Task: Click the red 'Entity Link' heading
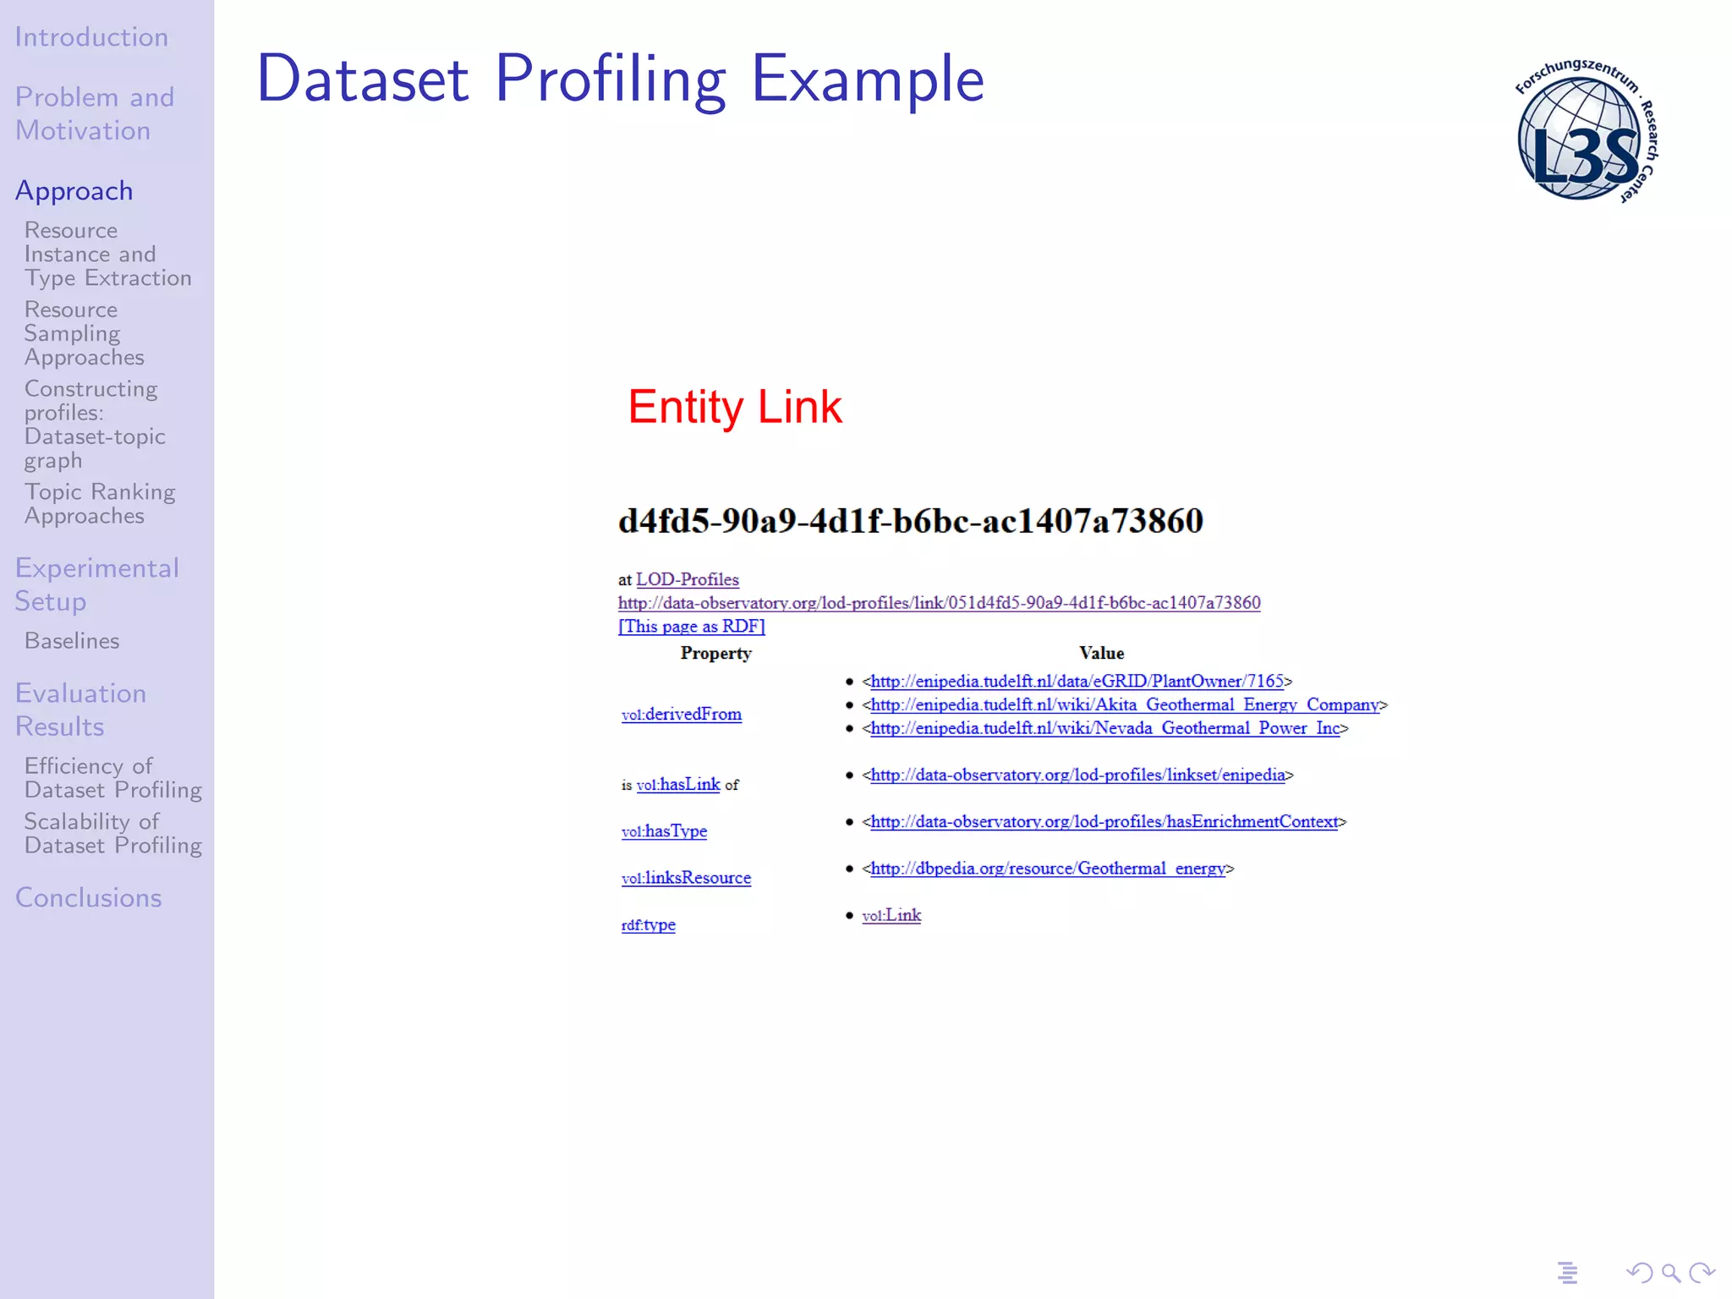(734, 407)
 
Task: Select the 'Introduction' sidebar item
(91, 37)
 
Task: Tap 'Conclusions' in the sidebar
(89, 897)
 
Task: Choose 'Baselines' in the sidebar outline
(72, 641)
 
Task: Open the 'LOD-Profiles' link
(687, 579)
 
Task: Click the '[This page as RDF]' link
(691, 626)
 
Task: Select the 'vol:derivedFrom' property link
(681, 714)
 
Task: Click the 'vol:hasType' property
(664, 831)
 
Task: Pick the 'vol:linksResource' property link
(686, 878)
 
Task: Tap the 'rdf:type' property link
(648, 924)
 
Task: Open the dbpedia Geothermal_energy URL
(1048, 869)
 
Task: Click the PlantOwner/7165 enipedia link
(1077, 681)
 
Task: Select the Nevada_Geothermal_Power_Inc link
(1104, 728)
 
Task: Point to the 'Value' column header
(1101, 653)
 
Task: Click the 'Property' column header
(715, 653)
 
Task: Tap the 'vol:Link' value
(891, 915)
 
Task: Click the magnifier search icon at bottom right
(1670, 1272)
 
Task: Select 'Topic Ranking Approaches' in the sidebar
(100, 504)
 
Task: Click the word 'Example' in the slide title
(868, 79)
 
